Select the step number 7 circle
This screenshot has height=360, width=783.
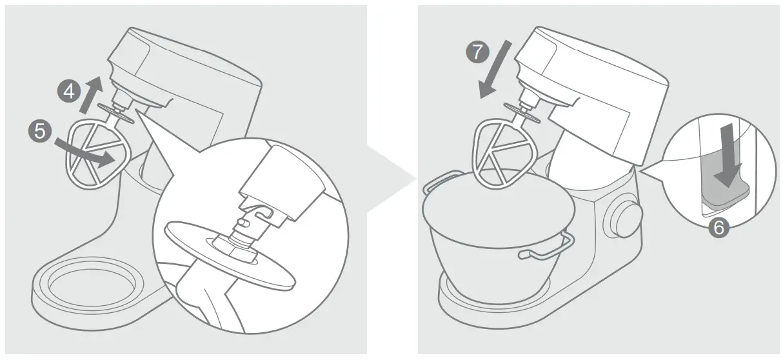coord(477,52)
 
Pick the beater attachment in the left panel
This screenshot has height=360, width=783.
coord(97,155)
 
